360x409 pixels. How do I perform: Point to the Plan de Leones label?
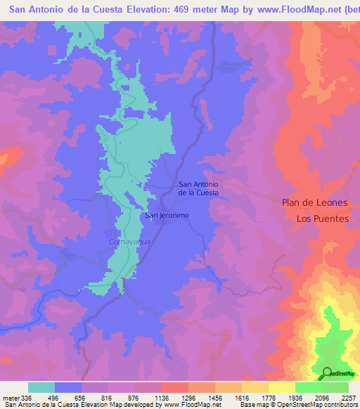314,202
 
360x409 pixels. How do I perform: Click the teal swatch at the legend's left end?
41,387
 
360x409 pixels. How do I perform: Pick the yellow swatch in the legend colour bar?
282,387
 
